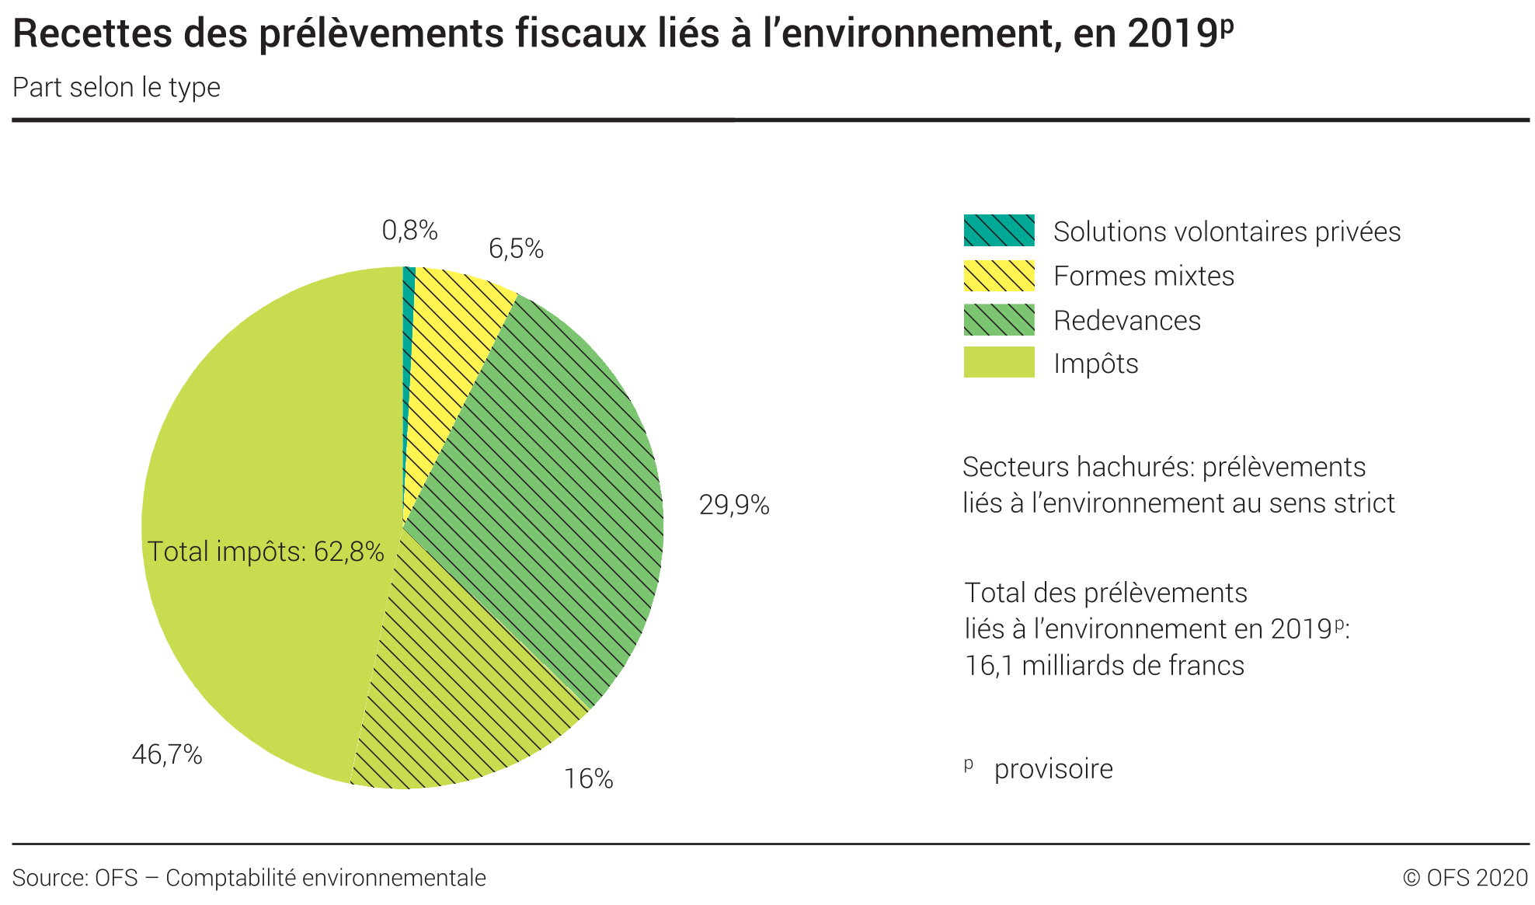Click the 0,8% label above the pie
click(409, 231)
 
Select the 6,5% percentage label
click(516, 249)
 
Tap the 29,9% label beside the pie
click(734, 506)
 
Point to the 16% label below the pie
click(588, 779)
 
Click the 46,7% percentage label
click(167, 754)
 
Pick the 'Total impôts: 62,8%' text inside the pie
click(266, 552)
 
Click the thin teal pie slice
click(409, 311)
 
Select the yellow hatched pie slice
click(451, 350)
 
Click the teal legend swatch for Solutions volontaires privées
click(999, 231)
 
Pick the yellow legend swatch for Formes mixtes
click(999, 276)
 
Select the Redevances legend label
click(1126, 321)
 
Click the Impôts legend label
click(1095, 364)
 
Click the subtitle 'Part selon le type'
click(117, 88)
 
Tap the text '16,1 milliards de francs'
click(1104, 666)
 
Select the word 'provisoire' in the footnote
click(1053, 769)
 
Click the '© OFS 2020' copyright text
click(1465, 878)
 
